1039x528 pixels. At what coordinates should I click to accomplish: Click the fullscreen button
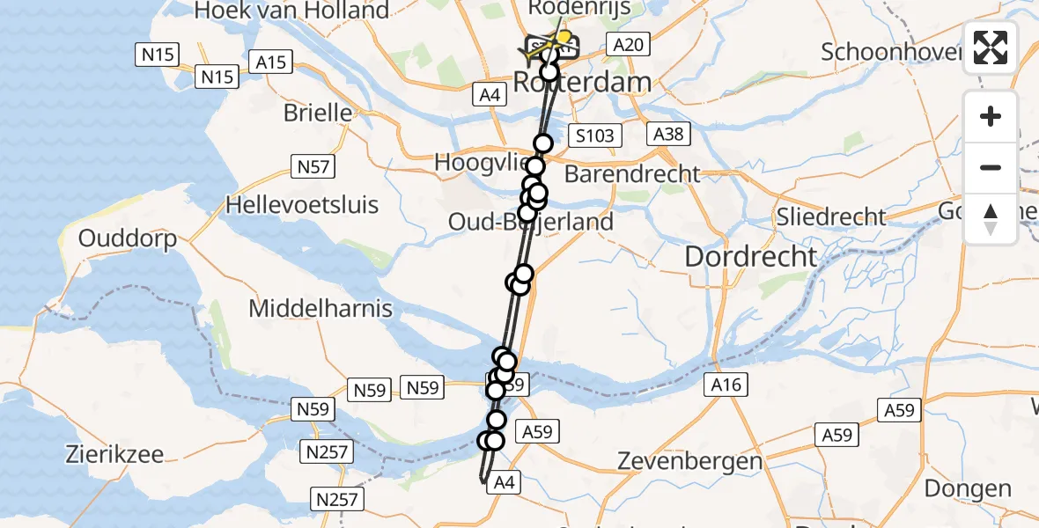991,48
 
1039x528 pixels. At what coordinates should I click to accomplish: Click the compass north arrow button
991,219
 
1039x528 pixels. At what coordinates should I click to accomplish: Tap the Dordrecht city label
751,256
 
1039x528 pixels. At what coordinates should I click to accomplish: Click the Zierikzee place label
114,455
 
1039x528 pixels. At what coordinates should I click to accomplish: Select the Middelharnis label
321,309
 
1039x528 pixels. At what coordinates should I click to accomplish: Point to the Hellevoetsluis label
302,205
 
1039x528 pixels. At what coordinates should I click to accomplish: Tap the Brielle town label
318,114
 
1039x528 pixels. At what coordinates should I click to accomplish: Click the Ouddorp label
128,238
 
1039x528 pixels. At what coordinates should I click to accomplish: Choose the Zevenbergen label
689,460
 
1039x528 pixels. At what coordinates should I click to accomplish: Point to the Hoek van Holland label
291,11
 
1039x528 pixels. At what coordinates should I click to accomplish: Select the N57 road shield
310,165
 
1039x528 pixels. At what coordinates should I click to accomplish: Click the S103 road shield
595,136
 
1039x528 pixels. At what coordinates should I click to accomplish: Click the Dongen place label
968,488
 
